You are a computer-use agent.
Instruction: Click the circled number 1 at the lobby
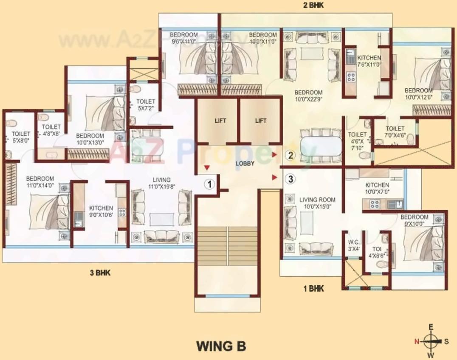point(209,184)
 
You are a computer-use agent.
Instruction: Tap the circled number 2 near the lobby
point(290,155)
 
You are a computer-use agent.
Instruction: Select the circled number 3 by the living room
point(290,179)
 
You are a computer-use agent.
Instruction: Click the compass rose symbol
point(431,340)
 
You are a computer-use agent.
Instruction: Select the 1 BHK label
point(313,289)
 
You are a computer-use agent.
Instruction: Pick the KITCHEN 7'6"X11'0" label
point(369,61)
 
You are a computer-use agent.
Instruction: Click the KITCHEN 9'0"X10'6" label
point(101,211)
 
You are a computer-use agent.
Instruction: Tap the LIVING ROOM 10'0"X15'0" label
point(317,203)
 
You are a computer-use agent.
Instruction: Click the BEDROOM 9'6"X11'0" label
point(184,38)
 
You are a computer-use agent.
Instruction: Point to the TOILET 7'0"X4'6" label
point(395,132)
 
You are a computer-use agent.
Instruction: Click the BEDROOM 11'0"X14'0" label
point(40,182)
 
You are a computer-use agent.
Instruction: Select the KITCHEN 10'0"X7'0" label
point(377,188)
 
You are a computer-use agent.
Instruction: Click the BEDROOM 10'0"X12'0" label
point(418,94)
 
